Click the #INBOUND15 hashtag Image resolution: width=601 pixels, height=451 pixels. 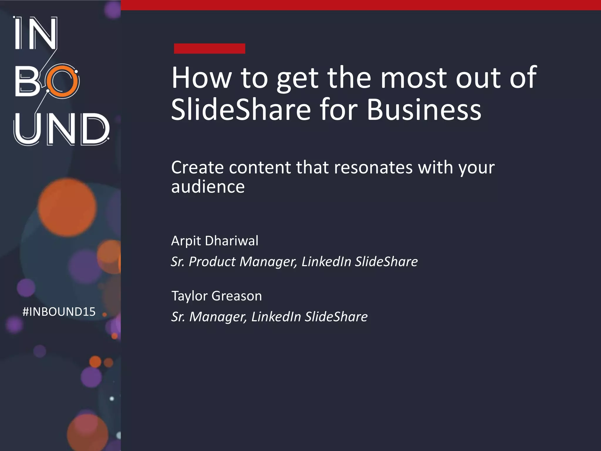pyautogui.click(x=59, y=312)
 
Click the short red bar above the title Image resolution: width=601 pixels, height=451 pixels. pyautogui.click(x=209, y=48)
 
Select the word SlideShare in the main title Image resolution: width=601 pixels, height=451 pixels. pyautogui.click(x=241, y=110)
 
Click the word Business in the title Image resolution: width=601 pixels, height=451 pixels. pyautogui.click(x=424, y=110)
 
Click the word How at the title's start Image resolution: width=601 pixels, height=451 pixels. pyautogui.click(x=202, y=78)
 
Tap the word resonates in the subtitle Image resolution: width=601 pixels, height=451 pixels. pyautogui.click(x=373, y=167)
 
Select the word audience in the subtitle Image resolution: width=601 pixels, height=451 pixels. pyautogui.click(x=208, y=187)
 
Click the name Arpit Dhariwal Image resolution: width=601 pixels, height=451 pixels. pyautogui.click(x=215, y=241)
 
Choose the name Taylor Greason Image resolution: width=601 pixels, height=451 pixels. pyautogui.click(x=217, y=296)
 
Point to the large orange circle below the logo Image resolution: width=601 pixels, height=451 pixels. pyautogui.click(x=67, y=207)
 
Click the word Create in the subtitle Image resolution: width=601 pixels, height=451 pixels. pyautogui.click(x=197, y=167)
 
